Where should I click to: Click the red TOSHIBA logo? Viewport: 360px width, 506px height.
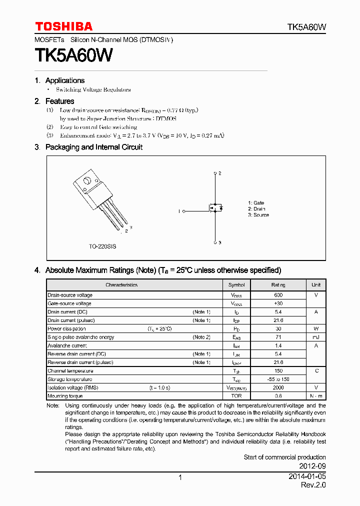(x=63, y=26)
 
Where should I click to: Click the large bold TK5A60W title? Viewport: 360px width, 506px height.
(x=73, y=55)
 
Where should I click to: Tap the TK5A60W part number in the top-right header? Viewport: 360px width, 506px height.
(x=306, y=27)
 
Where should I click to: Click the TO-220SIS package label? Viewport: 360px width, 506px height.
(x=102, y=246)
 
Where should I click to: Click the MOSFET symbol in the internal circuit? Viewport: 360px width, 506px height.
(x=215, y=207)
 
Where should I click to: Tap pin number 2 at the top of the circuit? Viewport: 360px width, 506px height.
(x=219, y=173)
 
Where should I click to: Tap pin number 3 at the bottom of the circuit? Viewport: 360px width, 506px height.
(x=219, y=242)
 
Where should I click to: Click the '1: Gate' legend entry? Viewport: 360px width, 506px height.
(x=256, y=202)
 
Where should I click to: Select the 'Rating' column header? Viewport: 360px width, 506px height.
(x=278, y=285)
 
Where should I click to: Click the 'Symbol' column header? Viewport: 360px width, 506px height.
(x=236, y=285)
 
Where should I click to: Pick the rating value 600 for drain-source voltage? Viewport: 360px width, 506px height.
(x=278, y=295)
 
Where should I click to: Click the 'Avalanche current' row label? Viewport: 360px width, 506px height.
(x=67, y=345)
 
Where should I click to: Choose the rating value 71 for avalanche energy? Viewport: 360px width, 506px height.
(x=278, y=337)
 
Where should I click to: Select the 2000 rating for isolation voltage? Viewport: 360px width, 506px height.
(x=278, y=387)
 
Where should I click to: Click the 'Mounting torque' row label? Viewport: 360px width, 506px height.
(x=64, y=396)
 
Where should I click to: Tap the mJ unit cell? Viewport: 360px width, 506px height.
(x=316, y=337)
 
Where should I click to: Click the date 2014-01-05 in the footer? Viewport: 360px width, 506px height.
(x=307, y=477)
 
